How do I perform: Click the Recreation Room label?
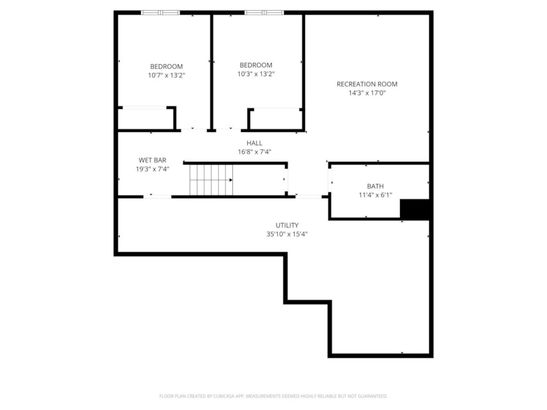click(366, 84)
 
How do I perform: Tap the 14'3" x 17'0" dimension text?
click(366, 93)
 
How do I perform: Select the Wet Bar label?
click(152, 160)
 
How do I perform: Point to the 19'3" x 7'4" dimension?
click(152, 169)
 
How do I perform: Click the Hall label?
click(254, 143)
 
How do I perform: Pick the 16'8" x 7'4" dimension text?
click(254, 152)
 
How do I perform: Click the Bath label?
click(375, 186)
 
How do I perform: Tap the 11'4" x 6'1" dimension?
click(375, 195)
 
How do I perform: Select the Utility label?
click(287, 225)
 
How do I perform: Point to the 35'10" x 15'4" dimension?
click(287, 234)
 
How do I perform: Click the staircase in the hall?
click(211, 180)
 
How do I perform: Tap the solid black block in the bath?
click(415, 209)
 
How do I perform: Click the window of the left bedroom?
click(160, 12)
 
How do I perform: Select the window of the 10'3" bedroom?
click(264, 12)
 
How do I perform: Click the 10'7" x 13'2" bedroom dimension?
click(166, 75)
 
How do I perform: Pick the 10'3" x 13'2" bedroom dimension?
click(256, 74)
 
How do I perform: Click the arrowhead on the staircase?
click(230, 180)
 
